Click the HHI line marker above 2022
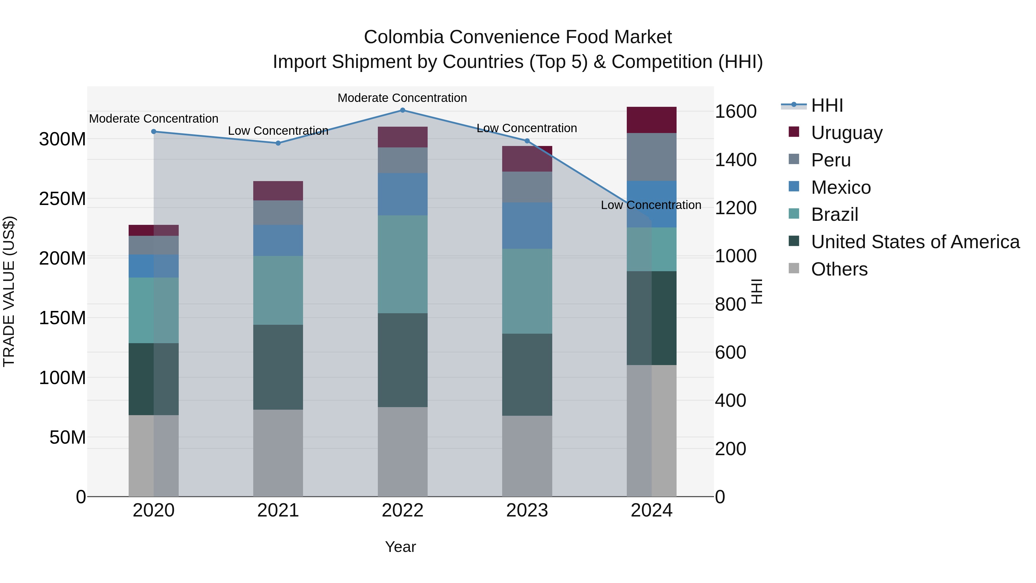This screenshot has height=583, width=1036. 403,110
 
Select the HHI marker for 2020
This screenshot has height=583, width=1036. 154,132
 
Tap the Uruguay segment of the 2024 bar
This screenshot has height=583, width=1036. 652,120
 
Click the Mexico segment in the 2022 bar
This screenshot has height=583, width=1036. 403,194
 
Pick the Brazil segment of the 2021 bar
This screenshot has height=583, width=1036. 278,290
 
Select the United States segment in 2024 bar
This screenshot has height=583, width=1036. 652,318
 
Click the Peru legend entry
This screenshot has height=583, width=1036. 831,160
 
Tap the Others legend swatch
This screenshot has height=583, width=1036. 794,268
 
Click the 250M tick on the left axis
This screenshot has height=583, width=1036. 62,199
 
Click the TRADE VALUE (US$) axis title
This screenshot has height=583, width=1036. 9,291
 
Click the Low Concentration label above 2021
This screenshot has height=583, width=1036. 278,131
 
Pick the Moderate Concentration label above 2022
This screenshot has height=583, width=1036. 402,98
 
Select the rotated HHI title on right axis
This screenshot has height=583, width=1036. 757,291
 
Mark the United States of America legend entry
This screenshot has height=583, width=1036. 915,242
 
